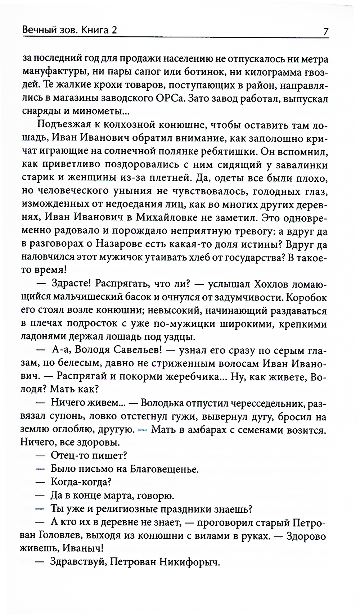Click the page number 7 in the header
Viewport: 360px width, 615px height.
point(325,32)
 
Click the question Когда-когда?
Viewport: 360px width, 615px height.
point(81,482)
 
